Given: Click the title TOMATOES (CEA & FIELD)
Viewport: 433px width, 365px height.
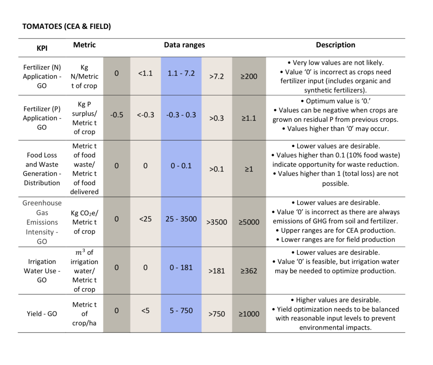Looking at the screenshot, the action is (x=67, y=26).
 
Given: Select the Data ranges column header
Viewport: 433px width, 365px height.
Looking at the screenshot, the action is (x=184, y=45).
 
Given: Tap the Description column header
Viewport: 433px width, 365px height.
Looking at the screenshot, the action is (x=335, y=45).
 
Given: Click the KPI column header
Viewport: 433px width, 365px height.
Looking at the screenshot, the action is (x=42, y=48).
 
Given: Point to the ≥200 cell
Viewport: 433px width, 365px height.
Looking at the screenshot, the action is (x=249, y=76).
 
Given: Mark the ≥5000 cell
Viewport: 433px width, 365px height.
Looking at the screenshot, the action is (x=249, y=222).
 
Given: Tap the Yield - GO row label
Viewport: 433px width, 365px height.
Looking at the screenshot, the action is (x=42, y=314).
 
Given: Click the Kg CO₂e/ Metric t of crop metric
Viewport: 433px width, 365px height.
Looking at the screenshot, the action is (x=85, y=222).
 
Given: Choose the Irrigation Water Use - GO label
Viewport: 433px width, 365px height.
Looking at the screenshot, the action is (x=42, y=271).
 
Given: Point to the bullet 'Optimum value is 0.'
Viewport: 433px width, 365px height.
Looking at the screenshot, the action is (x=335, y=101).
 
